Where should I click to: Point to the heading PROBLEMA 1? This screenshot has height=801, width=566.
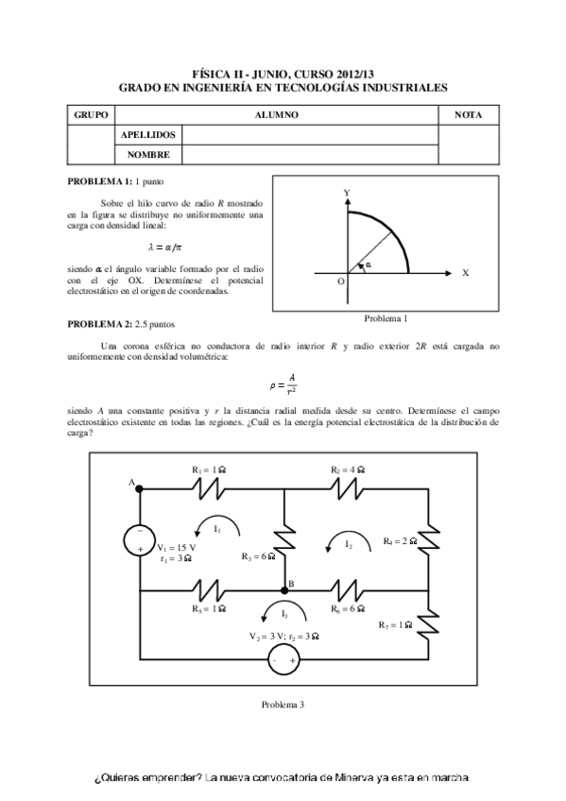pyautogui.click(x=99, y=179)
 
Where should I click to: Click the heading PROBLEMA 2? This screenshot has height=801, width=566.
pyautogui.click(x=99, y=324)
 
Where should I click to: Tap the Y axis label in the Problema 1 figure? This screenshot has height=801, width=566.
pyautogui.click(x=348, y=192)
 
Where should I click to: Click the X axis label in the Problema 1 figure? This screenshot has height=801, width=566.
pyautogui.click(x=465, y=272)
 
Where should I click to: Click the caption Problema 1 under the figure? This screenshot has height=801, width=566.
pyautogui.click(x=385, y=318)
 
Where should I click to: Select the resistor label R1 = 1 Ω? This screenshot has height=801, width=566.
pyautogui.click(x=210, y=469)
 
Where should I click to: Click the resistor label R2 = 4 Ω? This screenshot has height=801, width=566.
pyautogui.click(x=348, y=469)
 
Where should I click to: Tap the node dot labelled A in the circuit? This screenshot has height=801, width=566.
pyautogui.click(x=140, y=489)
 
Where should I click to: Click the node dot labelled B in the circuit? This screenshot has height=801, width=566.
pyautogui.click(x=285, y=589)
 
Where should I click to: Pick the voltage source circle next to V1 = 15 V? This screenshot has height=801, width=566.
pyautogui.click(x=140, y=539)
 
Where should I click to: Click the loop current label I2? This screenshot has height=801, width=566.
pyautogui.click(x=349, y=543)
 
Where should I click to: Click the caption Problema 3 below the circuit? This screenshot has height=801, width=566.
pyautogui.click(x=282, y=705)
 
